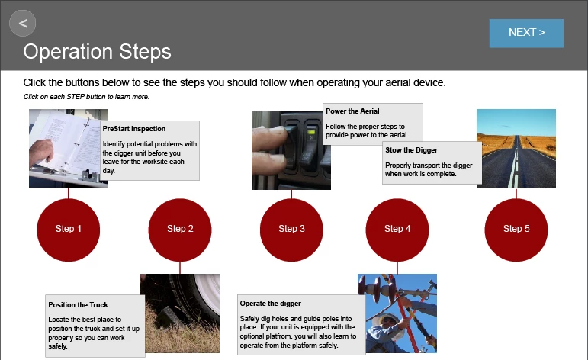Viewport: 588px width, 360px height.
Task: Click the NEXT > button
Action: pos(526,33)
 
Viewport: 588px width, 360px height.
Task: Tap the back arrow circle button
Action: pos(23,23)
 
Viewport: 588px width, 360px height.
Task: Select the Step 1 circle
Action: pos(68,230)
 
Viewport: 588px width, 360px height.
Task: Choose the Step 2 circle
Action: pos(180,230)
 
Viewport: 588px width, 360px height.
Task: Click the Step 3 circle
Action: pos(291,230)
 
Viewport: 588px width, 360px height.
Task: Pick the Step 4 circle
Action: pos(397,230)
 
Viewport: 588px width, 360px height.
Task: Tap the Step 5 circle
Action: pos(516,230)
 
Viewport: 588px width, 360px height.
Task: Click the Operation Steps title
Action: pos(97,52)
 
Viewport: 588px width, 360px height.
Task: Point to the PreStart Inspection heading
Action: pos(134,129)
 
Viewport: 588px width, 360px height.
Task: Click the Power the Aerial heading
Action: pos(352,111)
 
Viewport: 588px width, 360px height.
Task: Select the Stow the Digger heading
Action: pos(411,150)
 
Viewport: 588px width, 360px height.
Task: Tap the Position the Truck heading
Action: pos(78,305)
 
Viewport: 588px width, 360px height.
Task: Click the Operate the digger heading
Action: pos(271,304)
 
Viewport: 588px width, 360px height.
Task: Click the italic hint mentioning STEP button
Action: pos(86,97)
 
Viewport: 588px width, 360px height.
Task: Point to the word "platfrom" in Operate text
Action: pos(279,336)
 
